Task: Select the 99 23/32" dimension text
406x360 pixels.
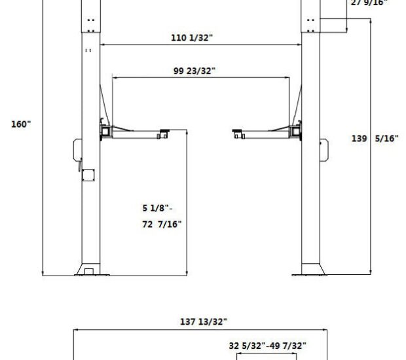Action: click(194, 71)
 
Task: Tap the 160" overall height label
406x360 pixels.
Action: click(21, 124)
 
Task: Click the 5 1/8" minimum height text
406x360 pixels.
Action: click(157, 209)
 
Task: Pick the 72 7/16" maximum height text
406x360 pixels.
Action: click(162, 225)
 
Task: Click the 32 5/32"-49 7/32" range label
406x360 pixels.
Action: click(267, 345)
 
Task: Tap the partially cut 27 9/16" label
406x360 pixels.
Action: click(369, 3)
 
